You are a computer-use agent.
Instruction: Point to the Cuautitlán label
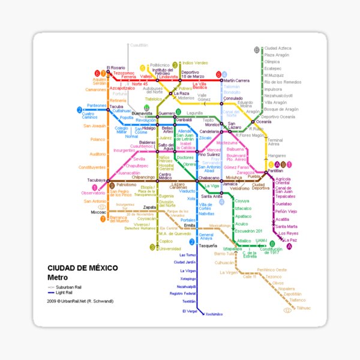pos(138,44)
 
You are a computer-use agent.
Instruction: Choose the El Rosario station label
pos(115,67)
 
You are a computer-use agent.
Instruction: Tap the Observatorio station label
pos(93,193)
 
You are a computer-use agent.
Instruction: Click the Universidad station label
pos(170,248)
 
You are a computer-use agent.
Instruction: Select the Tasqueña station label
pos(208,246)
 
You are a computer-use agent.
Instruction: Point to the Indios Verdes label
pos(195,62)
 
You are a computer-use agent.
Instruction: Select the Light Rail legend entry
pos(64,292)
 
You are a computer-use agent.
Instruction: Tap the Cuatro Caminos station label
pos(89,113)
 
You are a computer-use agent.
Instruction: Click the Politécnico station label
pos(160,65)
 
